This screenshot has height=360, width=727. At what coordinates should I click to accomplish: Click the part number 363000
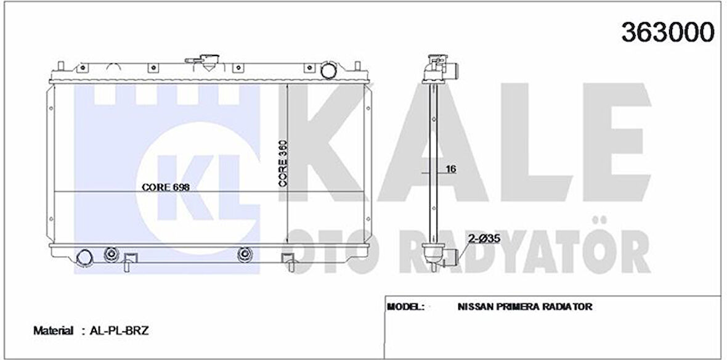[x=668, y=32]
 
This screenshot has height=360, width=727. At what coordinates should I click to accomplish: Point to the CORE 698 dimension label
[x=166, y=187]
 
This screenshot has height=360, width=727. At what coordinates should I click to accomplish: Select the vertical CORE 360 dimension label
[x=283, y=164]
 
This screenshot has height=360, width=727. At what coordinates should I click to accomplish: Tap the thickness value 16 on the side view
[x=450, y=170]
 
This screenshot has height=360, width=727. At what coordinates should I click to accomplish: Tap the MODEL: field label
[x=405, y=306]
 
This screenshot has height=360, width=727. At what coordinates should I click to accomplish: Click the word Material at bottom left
[x=54, y=331]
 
